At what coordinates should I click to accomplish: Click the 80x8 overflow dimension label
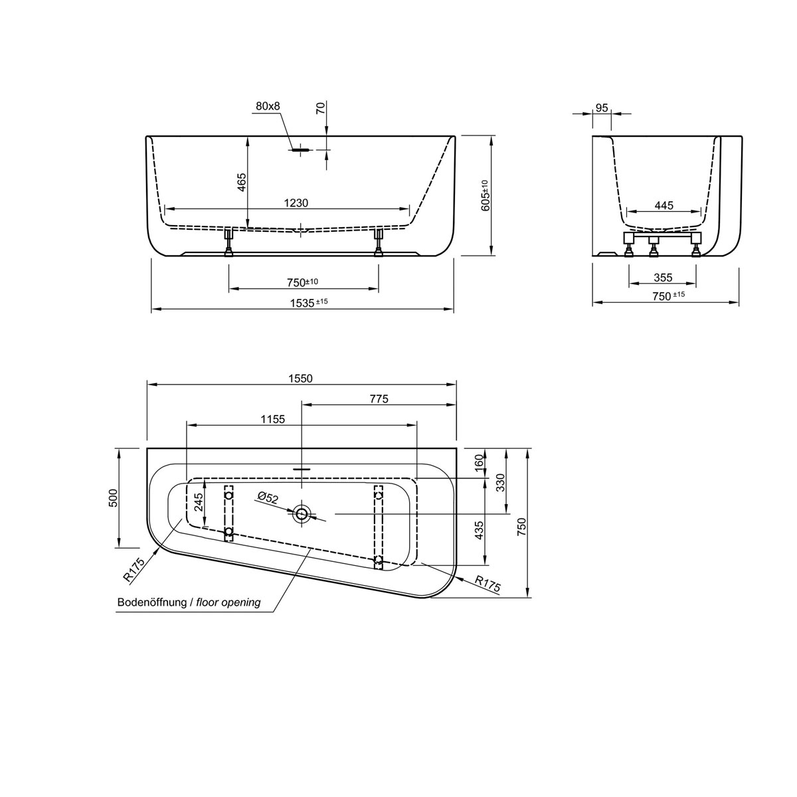(x=268, y=106)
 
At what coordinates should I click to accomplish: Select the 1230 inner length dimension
(x=296, y=203)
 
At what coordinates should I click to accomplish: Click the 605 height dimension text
(x=485, y=196)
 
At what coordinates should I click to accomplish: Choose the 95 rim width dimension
(x=602, y=108)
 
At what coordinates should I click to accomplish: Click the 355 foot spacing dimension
(x=662, y=277)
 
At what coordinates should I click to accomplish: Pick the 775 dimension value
(x=377, y=398)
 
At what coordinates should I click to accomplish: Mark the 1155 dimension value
(x=272, y=419)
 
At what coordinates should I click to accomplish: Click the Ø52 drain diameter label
(x=269, y=496)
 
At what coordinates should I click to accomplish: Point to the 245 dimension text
(x=199, y=501)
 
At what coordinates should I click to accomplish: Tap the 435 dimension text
(x=480, y=531)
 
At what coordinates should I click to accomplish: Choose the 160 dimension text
(x=480, y=462)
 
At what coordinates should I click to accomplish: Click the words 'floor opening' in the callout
(x=228, y=603)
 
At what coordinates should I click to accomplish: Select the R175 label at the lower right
(x=487, y=582)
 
